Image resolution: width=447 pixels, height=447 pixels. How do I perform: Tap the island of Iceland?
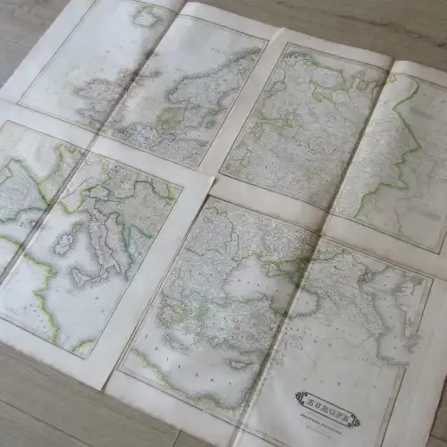[x=145, y=16]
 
